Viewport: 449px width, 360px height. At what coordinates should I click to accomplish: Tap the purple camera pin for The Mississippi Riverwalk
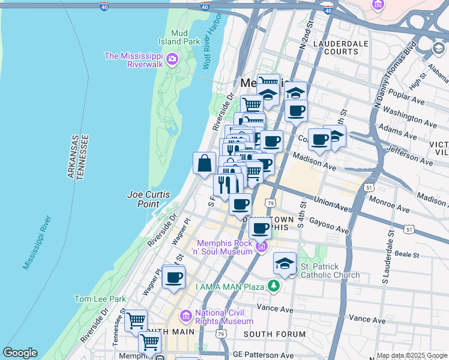173,59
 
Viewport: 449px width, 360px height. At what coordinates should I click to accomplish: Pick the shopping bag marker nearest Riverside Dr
204,163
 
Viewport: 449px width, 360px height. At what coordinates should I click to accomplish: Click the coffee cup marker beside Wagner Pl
173,277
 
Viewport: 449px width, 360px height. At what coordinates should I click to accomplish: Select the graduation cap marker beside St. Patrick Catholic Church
285,263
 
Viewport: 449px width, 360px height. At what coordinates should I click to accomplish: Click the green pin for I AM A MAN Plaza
274,285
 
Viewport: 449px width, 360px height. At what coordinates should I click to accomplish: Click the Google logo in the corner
20,353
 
